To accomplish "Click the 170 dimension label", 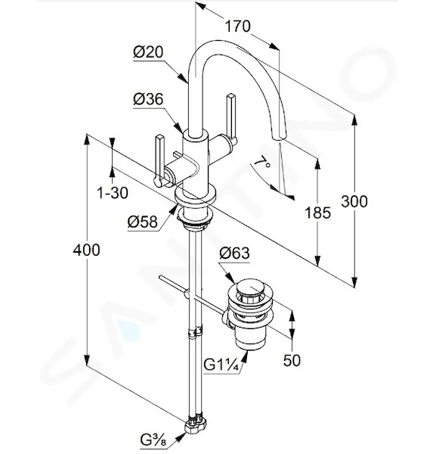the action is (x=238, y=26).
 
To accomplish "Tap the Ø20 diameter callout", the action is (x=148, y=52).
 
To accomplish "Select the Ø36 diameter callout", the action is (x=148, y=99).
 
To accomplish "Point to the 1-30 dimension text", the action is (x=113, y=192).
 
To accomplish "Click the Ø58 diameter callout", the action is (x=143, y=222).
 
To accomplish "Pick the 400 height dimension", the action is (x=86, y=250).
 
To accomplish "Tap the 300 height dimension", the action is (x=354, y=201).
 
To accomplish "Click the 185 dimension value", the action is (x=317, y=213).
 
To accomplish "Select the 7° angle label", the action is (x=262, y=163).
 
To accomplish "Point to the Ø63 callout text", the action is (x=234, y=253).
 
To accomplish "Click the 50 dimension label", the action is (x=292, y=360).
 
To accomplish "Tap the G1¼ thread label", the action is (x=221, y=365).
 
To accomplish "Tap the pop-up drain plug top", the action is (x=250, y=286).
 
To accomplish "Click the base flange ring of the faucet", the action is (x=196, y=195).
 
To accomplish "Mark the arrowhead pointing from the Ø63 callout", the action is (x=230, y=278).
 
